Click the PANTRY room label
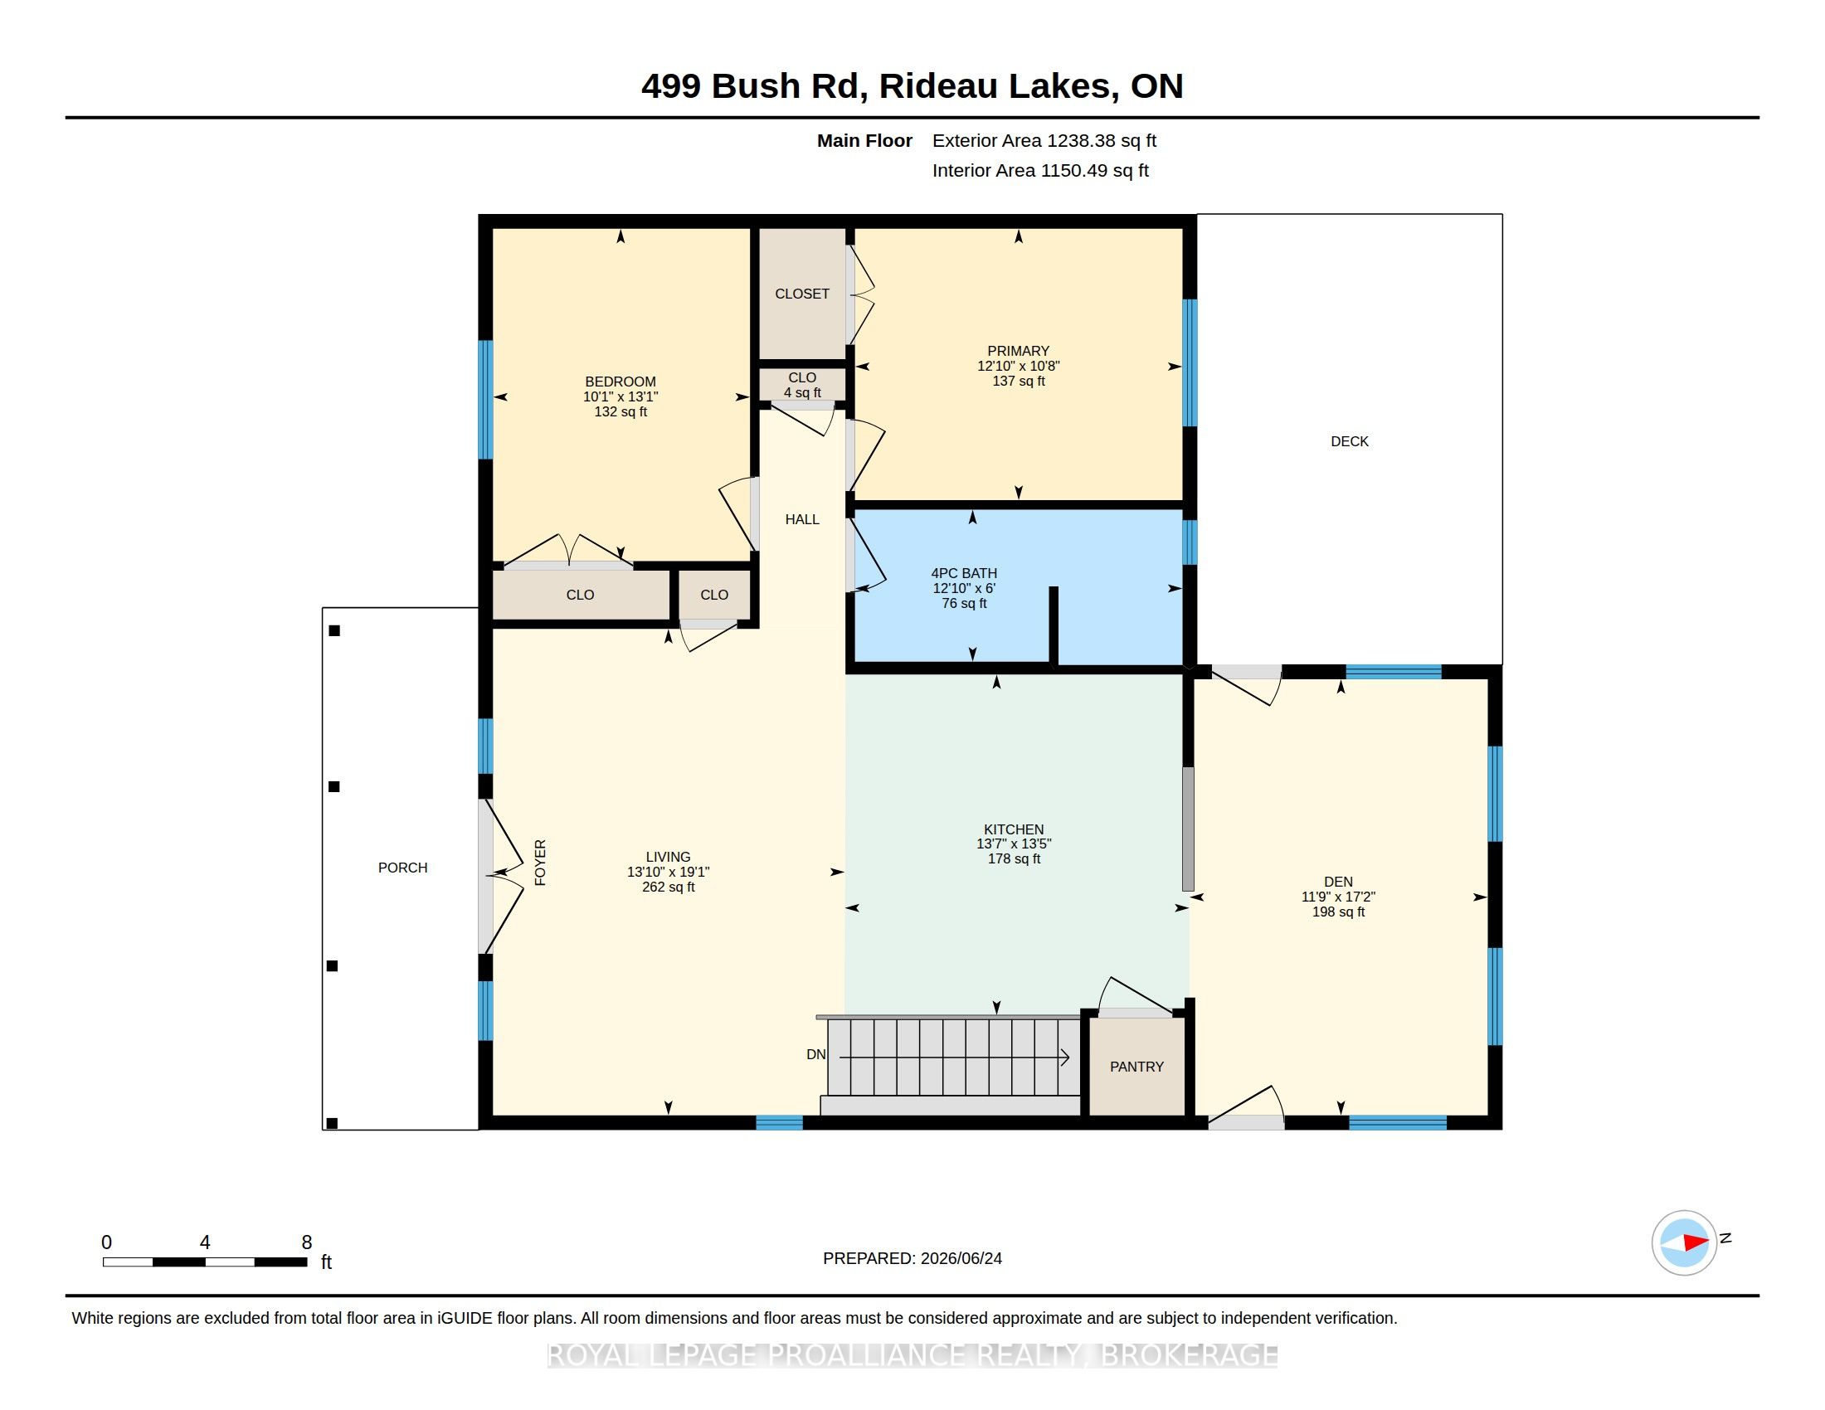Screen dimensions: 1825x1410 [x=1136, y=1067]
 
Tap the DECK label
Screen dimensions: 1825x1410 [x=1350, y=441]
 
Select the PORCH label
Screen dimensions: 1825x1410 [x=403, y=868]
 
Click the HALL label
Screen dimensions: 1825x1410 [x=802, y=519]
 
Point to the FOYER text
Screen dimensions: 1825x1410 [x=540, y=863]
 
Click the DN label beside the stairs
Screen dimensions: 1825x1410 [x=815, y=1055]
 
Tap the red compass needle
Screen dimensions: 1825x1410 [x=1696, y=1242]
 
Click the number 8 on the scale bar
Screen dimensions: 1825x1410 [x=307, y=1242]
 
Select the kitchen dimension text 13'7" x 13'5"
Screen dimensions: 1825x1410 [x=1014, y=844]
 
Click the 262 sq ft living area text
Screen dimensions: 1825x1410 [x=669, y=887]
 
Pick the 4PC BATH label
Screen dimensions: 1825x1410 [x=964, y=573]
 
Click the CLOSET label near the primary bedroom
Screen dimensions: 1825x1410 [x=802, y=294]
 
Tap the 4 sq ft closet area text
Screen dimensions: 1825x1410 [x=802, y=392]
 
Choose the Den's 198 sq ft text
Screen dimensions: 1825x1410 [x=1339, y=912]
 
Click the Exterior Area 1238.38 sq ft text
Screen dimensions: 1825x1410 [x=1044, y=140]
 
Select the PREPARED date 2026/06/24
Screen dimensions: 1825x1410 [x=961, y=1258]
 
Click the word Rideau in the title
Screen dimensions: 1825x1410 [x=938, y=86]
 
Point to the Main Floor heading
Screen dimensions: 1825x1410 [x=865, y=140]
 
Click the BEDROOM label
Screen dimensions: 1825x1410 [x=620, y=382]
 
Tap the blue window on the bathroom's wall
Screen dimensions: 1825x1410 [x=1190, y=542]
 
